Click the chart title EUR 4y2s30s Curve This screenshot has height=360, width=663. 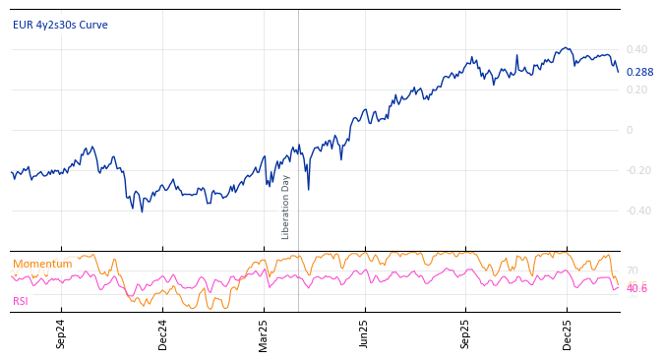coord(60,25)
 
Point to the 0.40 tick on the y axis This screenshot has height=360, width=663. coord(636,49)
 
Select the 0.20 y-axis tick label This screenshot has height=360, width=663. coord(636,90)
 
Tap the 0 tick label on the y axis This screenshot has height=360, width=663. coord(630,130)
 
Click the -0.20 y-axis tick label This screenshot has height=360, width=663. coord(638,170)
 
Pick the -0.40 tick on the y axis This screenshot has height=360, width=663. coord(638,210)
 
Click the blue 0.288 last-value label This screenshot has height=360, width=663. coord(639,72)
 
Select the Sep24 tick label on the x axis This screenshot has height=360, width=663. coord(61,334)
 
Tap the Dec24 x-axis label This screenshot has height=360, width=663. coord(163,334)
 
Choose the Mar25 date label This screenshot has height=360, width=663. coord(264,334)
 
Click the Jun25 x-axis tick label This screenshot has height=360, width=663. coord(364,334)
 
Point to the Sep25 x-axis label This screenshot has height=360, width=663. coord(466,334)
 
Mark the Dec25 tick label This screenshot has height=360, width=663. coord(568,334)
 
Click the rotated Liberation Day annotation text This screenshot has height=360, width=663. coord(286,207)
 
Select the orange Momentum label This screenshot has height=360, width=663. coord(42,264)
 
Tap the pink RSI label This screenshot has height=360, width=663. coord(21,301)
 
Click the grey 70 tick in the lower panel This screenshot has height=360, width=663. coord(632,270)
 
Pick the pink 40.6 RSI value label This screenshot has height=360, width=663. coord(636,289)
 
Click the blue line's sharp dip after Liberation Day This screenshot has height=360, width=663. coord(308,189)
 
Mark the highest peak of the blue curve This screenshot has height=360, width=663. coord(565,47)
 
